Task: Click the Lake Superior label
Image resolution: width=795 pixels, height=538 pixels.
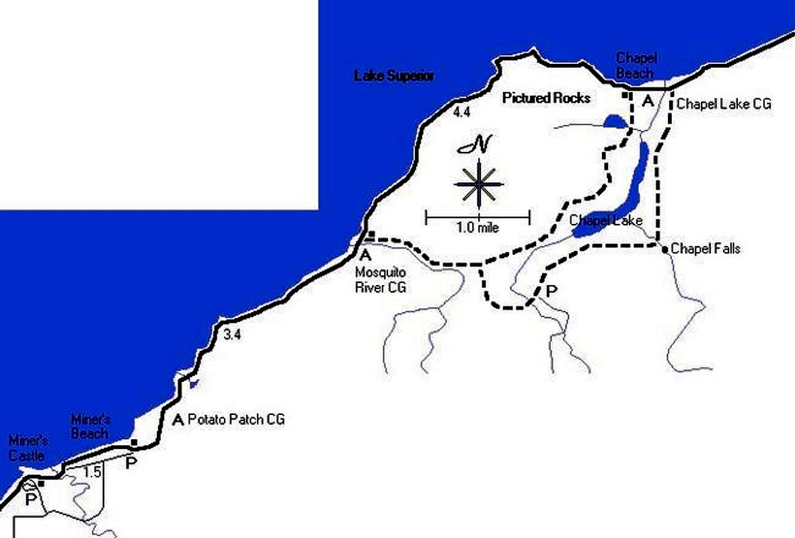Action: tap(394, 76)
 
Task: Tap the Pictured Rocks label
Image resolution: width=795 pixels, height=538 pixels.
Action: tap(546, 98)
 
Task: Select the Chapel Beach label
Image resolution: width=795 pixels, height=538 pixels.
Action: tap(636, 66)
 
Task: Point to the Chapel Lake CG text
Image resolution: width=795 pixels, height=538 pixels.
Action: tap(723, 104)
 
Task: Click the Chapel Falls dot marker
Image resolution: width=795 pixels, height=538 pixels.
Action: tap(665, 249)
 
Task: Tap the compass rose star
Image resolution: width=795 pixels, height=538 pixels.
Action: tap(478, 184)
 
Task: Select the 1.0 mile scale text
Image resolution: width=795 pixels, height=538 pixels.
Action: tap(478, 227)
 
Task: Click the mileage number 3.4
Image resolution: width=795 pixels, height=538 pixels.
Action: tap(232, 335)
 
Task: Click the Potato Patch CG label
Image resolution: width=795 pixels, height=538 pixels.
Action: tap(236, 420)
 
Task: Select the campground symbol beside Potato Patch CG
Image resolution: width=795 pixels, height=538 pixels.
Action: tap(178, 420)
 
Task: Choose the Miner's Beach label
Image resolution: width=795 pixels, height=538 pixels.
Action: tap(89, 426)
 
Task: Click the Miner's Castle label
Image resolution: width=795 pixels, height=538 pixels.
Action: tap(27, 449)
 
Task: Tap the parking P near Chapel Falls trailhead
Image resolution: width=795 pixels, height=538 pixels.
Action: tap(552, 291)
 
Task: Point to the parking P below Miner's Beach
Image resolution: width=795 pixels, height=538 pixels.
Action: tap(131, 463)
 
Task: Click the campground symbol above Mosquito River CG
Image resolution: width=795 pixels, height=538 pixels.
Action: tap(366, 255)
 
